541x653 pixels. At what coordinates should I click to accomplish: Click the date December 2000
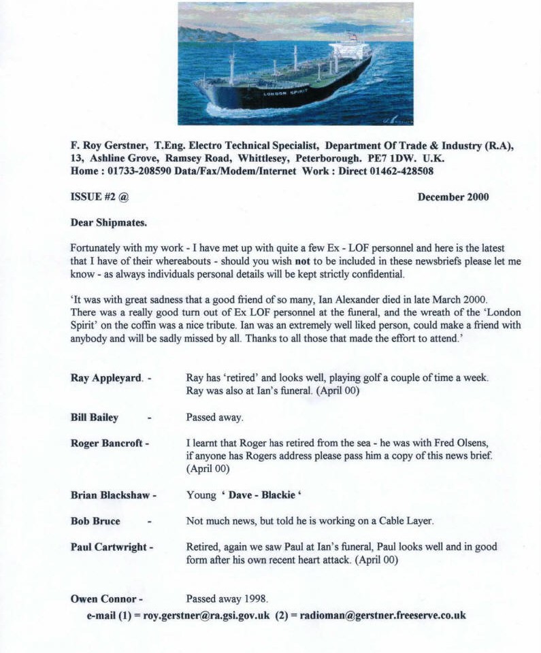[x=453, y=197]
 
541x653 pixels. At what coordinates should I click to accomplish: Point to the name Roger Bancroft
[x=106, y=443]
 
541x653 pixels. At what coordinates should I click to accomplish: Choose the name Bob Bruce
[x=95, y=521]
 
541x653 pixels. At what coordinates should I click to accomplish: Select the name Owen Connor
[x=103, y=599]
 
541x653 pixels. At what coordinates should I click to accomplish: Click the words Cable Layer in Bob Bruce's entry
[x=404, y=521]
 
